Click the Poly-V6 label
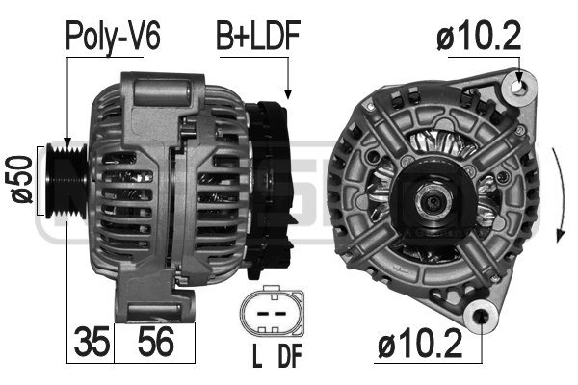(x=113, y=36)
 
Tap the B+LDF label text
(x=258, y=35)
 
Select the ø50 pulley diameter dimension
(x=21, y=179)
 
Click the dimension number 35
(x=92, y=342)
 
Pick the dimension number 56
(x=155, y=342)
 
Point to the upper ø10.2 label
(x=479, y=35)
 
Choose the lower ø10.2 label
(x=420, y=344)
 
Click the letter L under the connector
(x=257, y=355)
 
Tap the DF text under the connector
(x=290, y=355)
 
